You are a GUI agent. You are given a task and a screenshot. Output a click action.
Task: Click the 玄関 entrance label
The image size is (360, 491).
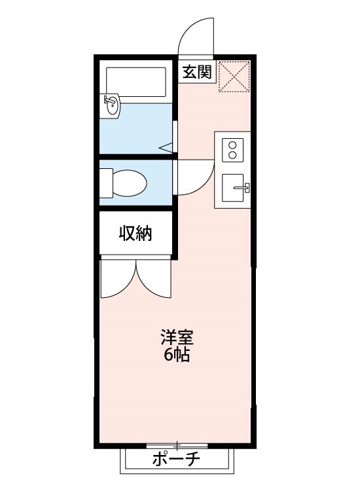tap(197, 71)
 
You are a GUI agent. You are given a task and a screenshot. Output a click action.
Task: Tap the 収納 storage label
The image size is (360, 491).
tap(135, 234)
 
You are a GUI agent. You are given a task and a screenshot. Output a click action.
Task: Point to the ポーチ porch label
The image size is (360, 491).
tap(176, 460)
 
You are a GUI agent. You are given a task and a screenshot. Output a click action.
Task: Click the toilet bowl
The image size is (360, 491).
tap(129, 183)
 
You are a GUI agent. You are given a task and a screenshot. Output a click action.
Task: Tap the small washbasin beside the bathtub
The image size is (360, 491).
tap(111, 105)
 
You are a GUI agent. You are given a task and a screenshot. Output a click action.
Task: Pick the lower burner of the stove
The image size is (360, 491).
tap(232, 156)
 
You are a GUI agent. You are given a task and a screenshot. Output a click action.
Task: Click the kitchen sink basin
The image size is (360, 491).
tap(233, 189)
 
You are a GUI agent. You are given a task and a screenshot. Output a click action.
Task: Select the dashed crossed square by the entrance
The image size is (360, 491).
tap(234, 77)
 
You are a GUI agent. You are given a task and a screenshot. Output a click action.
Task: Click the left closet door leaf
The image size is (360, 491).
tap(118, 280)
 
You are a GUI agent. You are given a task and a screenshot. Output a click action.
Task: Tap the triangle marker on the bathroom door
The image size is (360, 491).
tap(167, 147)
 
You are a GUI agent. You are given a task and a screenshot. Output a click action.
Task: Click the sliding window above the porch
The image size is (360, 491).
tap(177, 446)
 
